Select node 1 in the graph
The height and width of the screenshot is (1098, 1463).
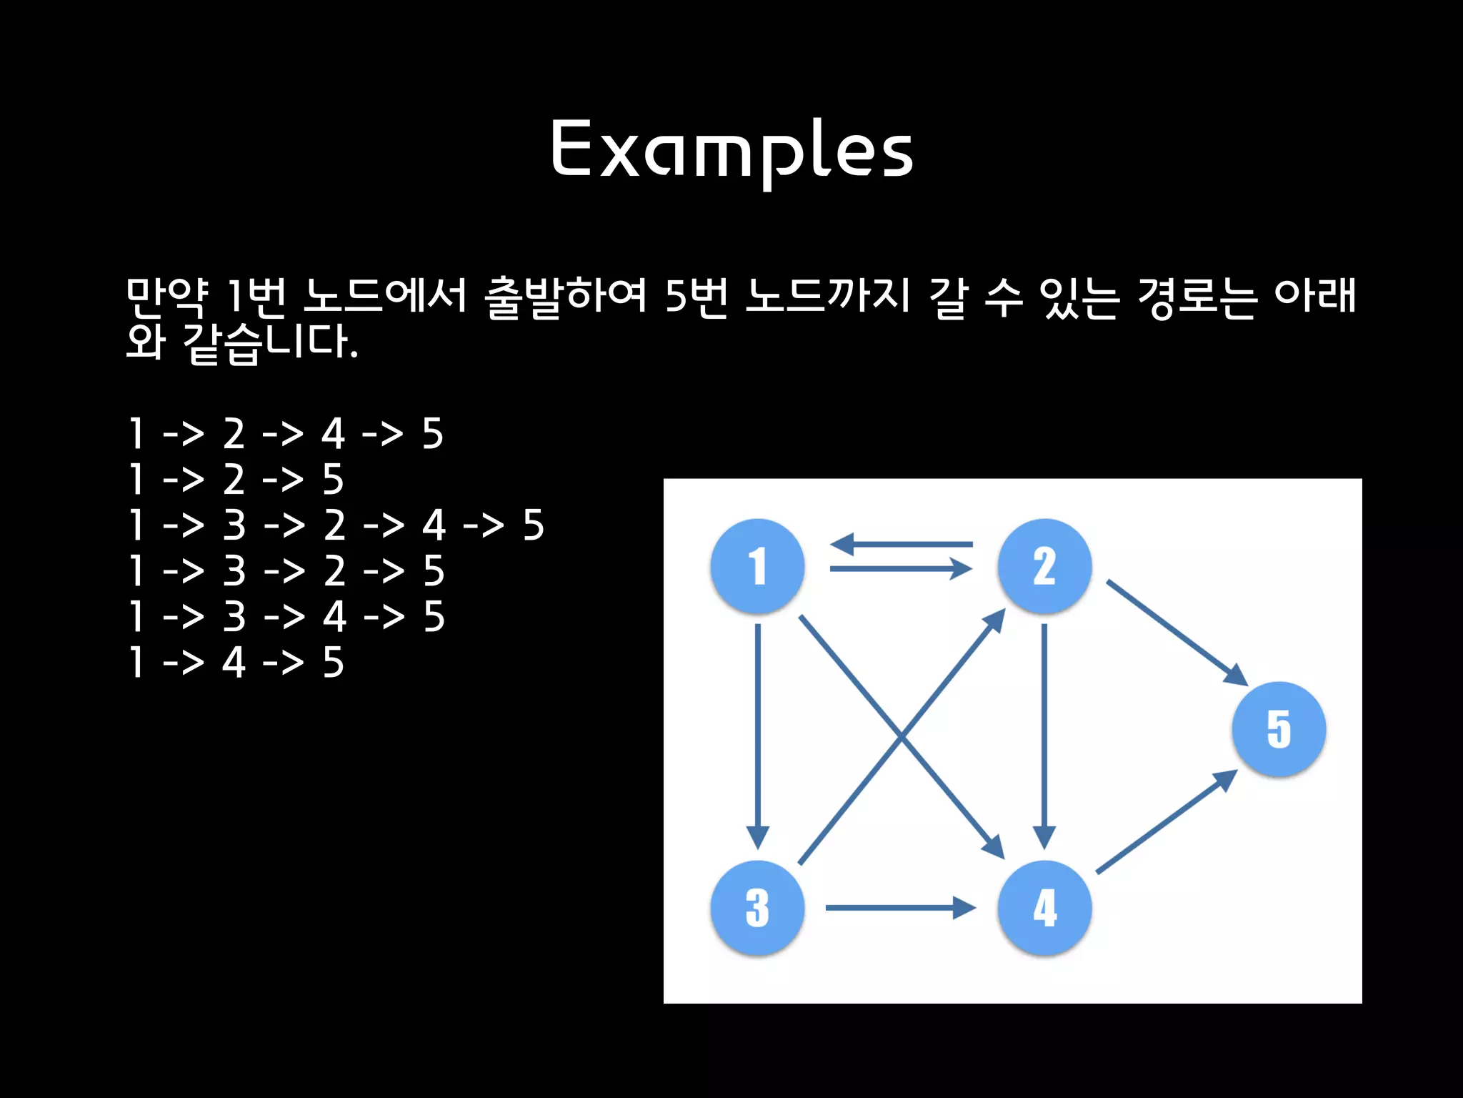[x=757, y=566]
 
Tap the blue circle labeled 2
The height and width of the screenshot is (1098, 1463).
[x=1044, y=566]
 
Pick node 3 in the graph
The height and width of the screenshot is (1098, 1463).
[x=757, y=908]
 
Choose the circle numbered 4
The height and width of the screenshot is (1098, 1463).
[x=1044, y=908]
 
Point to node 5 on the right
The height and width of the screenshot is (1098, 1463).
[x=1279, y=729]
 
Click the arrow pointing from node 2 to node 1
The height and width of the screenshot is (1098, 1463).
[x=902, y=545]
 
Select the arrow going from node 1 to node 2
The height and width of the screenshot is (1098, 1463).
[x=902, y=569]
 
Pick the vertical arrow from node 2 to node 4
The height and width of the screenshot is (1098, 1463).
[x=1044, y=736]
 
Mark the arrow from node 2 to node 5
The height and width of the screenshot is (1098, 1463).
[x=1177, y=633]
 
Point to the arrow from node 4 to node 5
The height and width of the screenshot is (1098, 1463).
[x=1167, y=822]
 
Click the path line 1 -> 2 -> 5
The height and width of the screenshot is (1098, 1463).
[x=236, y=480]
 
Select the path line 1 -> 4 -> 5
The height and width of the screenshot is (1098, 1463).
[x=236, y=663]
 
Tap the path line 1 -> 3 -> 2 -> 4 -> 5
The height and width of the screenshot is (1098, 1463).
[x=336, y=525]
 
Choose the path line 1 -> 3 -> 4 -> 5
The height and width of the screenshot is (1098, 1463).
[x=286, y=617]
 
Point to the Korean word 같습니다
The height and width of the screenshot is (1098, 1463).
[x=270, y=343]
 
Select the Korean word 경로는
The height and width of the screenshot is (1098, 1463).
[x=1196, y=297]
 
